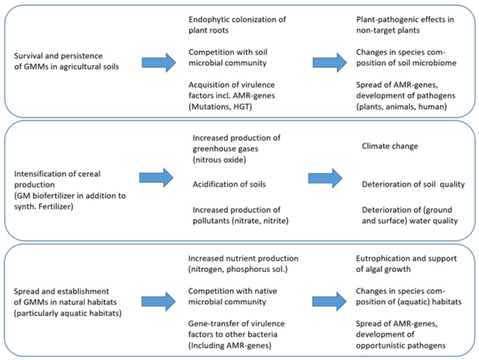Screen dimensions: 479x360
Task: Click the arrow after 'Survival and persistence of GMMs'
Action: tap(159, 62)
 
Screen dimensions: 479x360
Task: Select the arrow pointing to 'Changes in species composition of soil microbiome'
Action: tap(330, 62)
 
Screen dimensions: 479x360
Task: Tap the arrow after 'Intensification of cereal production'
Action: tap(156, 178)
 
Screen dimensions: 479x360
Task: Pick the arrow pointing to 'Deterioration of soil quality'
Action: tap(326, 178)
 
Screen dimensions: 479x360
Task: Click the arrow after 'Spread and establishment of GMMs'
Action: tap(158, 301)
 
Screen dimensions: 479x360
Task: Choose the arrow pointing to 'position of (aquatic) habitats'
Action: tap(329, 301)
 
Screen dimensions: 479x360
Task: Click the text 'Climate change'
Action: tap(390, 146)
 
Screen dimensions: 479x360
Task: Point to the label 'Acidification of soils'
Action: tap(229, 184)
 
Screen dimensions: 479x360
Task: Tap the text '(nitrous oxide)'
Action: tap(219, 159)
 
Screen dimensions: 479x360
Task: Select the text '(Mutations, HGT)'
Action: tap(220, 107)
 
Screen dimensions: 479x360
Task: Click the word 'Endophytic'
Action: tap(209, 19)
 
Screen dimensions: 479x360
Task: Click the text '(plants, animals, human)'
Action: tap(401, 107)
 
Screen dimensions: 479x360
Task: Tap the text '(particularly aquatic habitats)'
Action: tap(67, 313)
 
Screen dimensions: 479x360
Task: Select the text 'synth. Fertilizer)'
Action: tap(44, 207)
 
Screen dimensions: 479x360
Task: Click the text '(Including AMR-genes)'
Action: tap(230, 345)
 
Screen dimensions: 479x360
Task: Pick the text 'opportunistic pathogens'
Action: tap(401, 345)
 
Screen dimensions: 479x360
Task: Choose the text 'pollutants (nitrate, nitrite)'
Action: tap(241, 221)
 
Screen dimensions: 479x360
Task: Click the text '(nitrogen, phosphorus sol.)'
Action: tap(238, 269)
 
